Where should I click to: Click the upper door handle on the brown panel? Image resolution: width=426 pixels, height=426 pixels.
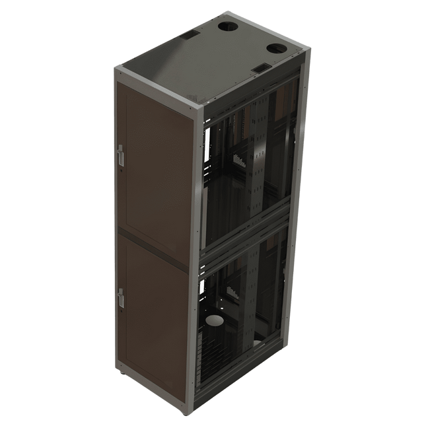(x=120, y=155)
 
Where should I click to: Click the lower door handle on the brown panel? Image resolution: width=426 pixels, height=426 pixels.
(x=120, y=299)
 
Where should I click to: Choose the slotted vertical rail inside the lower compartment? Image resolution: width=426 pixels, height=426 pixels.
(x=248, y=297)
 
